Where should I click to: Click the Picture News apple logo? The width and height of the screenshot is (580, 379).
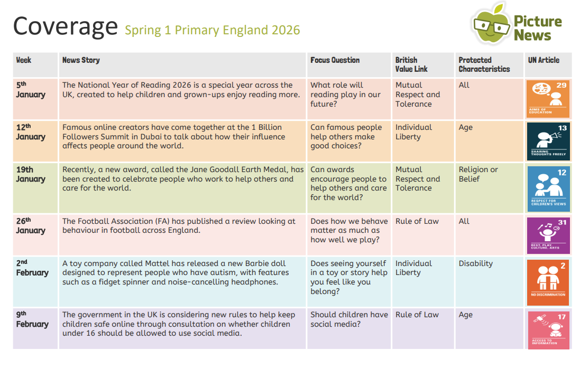[x=491, y=24]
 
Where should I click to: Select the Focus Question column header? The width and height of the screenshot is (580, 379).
[x=335, y=60]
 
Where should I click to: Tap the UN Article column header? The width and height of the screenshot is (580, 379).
[x=543, y=60]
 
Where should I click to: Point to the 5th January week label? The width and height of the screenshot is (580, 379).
[x=30, y=90]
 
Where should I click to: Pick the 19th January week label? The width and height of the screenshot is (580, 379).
[x=30, y=174]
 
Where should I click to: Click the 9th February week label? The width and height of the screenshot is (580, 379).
[x=32, y=319]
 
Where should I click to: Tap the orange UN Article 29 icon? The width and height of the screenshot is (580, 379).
[x=548, y=99]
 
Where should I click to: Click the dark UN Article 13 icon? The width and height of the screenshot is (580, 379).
[x=548, y=141]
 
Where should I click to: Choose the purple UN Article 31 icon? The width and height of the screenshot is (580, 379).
[x=548, y=235]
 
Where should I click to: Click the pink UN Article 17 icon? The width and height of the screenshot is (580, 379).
[x=548, y=330]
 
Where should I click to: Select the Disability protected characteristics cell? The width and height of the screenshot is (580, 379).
[x=475, y=263]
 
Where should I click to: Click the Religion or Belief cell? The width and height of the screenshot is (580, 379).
[x=478, y=174]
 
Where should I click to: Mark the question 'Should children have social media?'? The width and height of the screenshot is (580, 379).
[x=349, y=319]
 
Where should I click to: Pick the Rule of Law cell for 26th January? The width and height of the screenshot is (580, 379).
[x=417, y=221]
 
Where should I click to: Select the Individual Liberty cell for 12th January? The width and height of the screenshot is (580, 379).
[x=413, y=132]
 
